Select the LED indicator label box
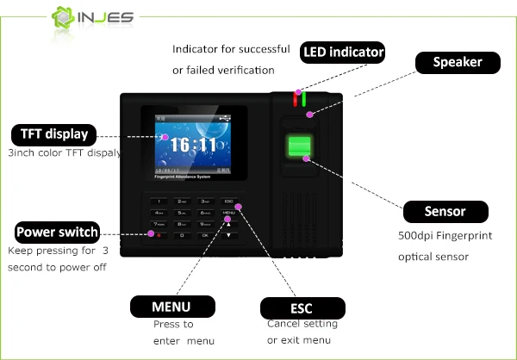pyautogui.click(x=342, y=53)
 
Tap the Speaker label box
pyautogui.click(x=457, y=62)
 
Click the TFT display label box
pyautogui.click(x=53, y=134)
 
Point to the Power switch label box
pyautogui.click(x=58, y=233)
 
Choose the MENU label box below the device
pyautogui.click(x=171, y=307)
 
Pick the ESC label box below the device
pyautogui.click(x=302, y=308)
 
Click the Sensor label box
pyautogui.click(x=445, y=211)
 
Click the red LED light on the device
pyautogui.click(x=294, y=97)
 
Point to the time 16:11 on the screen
pyautogui.click(x=192, y=144)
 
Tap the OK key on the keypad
pyautogui.click(x=205, y=234)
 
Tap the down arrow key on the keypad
pyautogui.click(x=228, y=234)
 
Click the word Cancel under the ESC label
pyautogui.click(x=283, y=324)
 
